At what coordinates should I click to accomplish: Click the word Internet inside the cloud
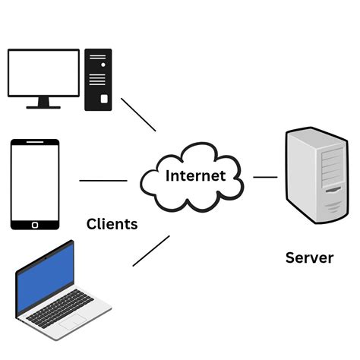(x=195, y=176)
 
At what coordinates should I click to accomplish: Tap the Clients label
(x=112, y=224)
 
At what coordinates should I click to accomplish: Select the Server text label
(x=309, y=257)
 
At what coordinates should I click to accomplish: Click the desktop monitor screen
(x=43, y=74)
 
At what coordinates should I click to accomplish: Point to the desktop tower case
(x=98, y=79)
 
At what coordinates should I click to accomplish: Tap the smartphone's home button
(x=34, y=224)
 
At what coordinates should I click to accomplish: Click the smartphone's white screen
(x=34, y=182)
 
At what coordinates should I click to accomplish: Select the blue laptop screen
(x=46, y=275)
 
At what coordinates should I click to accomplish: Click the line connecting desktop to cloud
(x=138, y=114)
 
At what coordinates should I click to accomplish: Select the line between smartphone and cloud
(x=103, y=181)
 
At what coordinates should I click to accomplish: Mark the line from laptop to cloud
(x=150, y=251)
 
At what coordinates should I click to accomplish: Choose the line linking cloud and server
(x=265, y=177)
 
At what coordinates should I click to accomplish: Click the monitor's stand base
(x=43, y=107)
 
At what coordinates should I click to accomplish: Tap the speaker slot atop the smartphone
(x=34, y=142)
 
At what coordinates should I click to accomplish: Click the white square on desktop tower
(x=103, y=99)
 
